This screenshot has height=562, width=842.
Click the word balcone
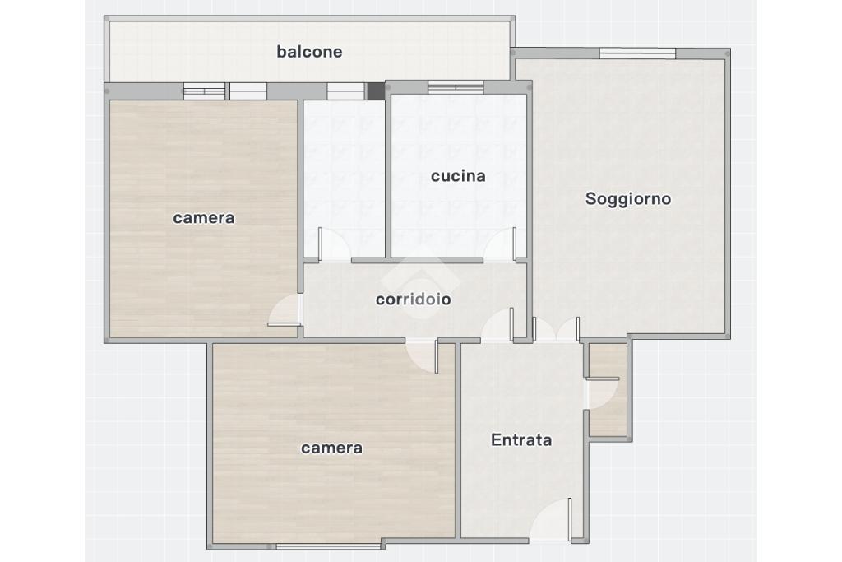(x=309, y=52)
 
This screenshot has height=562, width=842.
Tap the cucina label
(x=458, y=176)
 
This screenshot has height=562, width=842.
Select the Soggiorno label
(x=627, y=199)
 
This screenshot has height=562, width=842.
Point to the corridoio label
(x=413, y=300)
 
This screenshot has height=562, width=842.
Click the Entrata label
(x=520, y=440)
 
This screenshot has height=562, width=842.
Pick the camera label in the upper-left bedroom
(x=204, y=217)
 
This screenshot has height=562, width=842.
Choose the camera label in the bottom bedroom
(x=331, y=448)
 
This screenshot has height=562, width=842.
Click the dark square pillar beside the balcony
(x=376, y=91)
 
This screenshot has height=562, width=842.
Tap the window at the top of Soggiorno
(x=637, y=53)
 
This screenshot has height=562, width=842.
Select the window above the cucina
(x=456, y=87)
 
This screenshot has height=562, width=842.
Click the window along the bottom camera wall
(x=329, y=546)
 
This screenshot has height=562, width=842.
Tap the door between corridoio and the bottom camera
(x=423, y=355)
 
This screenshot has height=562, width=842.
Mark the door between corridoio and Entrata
(x=497, y=324)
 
